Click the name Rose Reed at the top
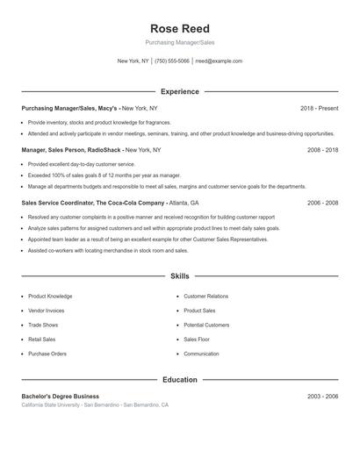(x=180, y=28)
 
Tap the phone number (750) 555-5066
(x=173, y=61)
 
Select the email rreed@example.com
(x=219, y=61)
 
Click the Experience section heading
(x=180, y=91)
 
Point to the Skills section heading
(x=180, y=275)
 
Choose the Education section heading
(x=180, y=380)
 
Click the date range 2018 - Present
(x=319, y=108)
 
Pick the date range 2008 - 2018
(x=322, y=150)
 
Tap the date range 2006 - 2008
(x=322, y=202)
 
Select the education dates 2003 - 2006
(x=322, y=397)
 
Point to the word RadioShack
(x=104, y=150)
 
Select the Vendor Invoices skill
(x=47, y=311)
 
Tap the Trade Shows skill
(x=43, y=325)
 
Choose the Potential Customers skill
(x=206, y=325)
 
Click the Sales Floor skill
(x=197, y=339)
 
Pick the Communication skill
(x=201, y=354)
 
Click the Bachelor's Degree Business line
(x=61, y=397)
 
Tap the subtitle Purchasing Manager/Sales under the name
(x=180, y=43)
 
